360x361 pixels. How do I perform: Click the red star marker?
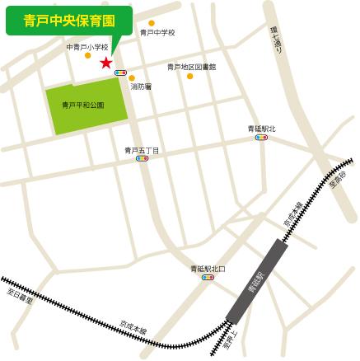click(105, 63)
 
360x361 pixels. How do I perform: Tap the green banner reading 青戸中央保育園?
click(69, 19)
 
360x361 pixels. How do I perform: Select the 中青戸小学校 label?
click(87, 47)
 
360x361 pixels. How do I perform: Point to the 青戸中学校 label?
click(157, 32)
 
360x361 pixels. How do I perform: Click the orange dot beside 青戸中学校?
click(152, 23)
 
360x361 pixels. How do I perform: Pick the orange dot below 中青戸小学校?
click(88, 56)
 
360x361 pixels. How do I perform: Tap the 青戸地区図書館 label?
click(191, 67)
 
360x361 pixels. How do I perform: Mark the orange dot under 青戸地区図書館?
click(189, 76)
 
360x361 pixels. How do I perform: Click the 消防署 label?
click(141, 86)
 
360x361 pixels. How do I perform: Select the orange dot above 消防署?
click(132, 78)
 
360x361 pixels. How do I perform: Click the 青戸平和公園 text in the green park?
click(83, 105)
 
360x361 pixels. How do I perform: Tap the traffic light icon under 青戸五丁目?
click(142, 158)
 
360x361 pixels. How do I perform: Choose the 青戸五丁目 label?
click(142, 150)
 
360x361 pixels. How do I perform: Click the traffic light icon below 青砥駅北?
click(261, 138)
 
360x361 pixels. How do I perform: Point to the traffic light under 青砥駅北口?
click(208, 278)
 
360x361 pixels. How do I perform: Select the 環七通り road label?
click(276, 40)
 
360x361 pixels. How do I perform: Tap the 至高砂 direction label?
click(338, 179)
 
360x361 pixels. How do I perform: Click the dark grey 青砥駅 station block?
click(256, 280)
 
